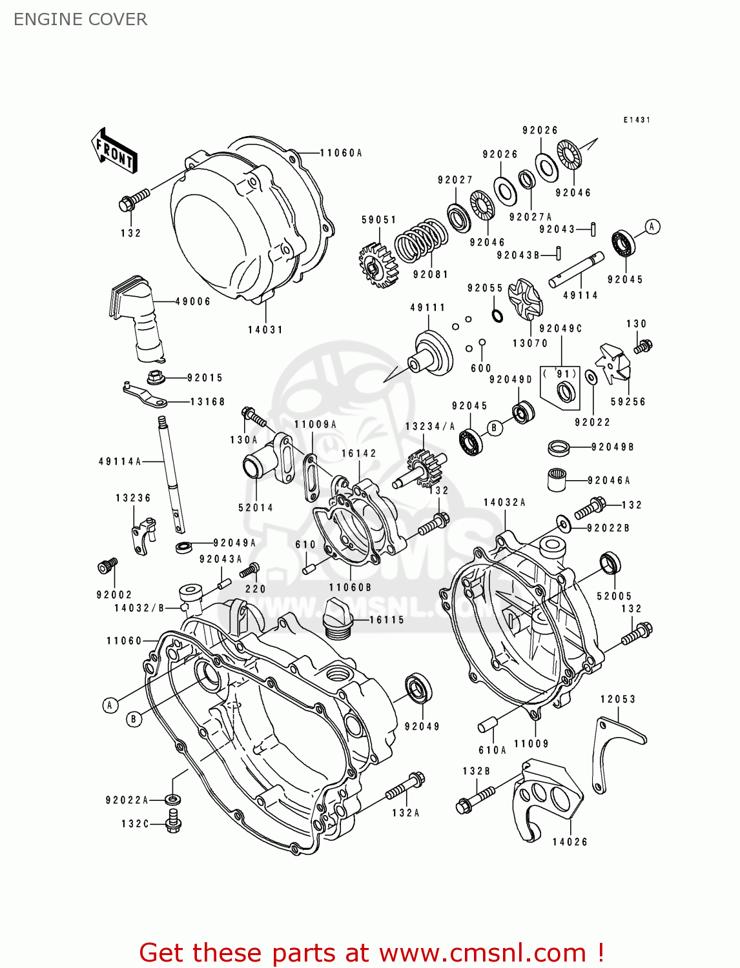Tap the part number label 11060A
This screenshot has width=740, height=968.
341,153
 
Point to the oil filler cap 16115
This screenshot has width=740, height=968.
336,619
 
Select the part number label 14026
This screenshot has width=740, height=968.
570,842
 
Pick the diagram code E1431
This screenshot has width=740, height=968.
637,120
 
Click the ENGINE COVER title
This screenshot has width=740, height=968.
80,19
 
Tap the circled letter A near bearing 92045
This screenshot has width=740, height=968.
652,227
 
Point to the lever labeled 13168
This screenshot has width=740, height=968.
145,395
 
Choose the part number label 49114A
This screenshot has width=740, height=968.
119,461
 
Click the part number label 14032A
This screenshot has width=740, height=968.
504,502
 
